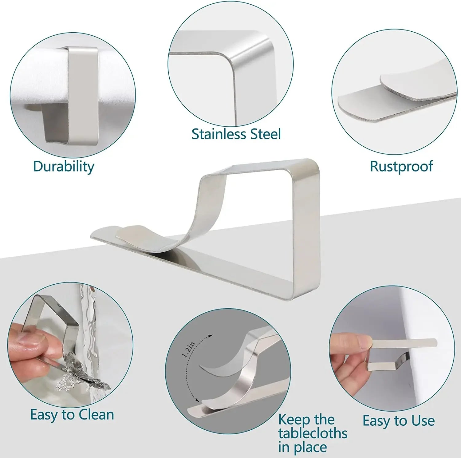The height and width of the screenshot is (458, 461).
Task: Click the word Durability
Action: click(64, 167)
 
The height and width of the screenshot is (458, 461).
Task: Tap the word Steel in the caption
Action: click(265, 134)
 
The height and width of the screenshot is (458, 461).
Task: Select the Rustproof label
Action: click(401, 166)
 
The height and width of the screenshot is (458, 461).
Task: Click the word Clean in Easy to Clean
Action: click(97, 415)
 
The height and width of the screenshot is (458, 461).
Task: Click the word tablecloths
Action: click(313, 433)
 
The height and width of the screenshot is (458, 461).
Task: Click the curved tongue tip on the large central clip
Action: click(129, 232)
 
